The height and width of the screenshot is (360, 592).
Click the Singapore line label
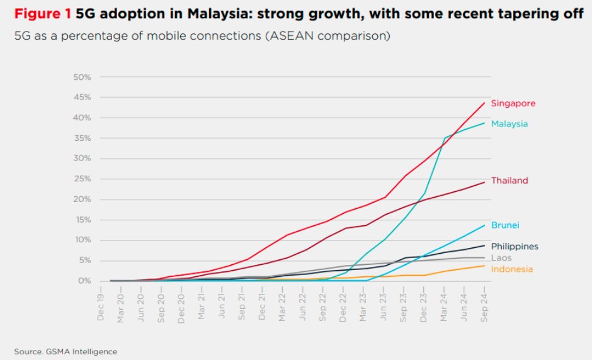point(513,103)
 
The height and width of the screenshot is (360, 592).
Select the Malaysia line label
point(509,124)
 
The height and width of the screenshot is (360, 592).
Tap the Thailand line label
point(509,181)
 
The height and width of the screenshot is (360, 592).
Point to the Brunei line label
point(505,225)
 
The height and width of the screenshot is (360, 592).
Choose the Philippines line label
point(515,247)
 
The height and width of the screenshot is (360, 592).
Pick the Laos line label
point(501,258)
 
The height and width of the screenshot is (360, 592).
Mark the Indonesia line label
point(512,269)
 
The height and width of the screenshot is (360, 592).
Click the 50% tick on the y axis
point(83,77)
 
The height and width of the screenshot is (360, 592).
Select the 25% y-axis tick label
point(83,179)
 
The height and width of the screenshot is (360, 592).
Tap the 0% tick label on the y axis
point(85,281)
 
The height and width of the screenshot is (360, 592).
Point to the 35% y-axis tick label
point(83,138)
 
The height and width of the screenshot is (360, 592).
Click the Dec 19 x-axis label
point(101,306)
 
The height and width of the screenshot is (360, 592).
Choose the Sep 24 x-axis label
point(484,306)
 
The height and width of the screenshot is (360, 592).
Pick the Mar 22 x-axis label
point(282,306)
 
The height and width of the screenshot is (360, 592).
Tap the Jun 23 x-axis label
point(384,306)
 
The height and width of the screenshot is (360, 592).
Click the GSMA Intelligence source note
point(65,351)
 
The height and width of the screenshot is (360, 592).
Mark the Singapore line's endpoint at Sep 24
point(484,103)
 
